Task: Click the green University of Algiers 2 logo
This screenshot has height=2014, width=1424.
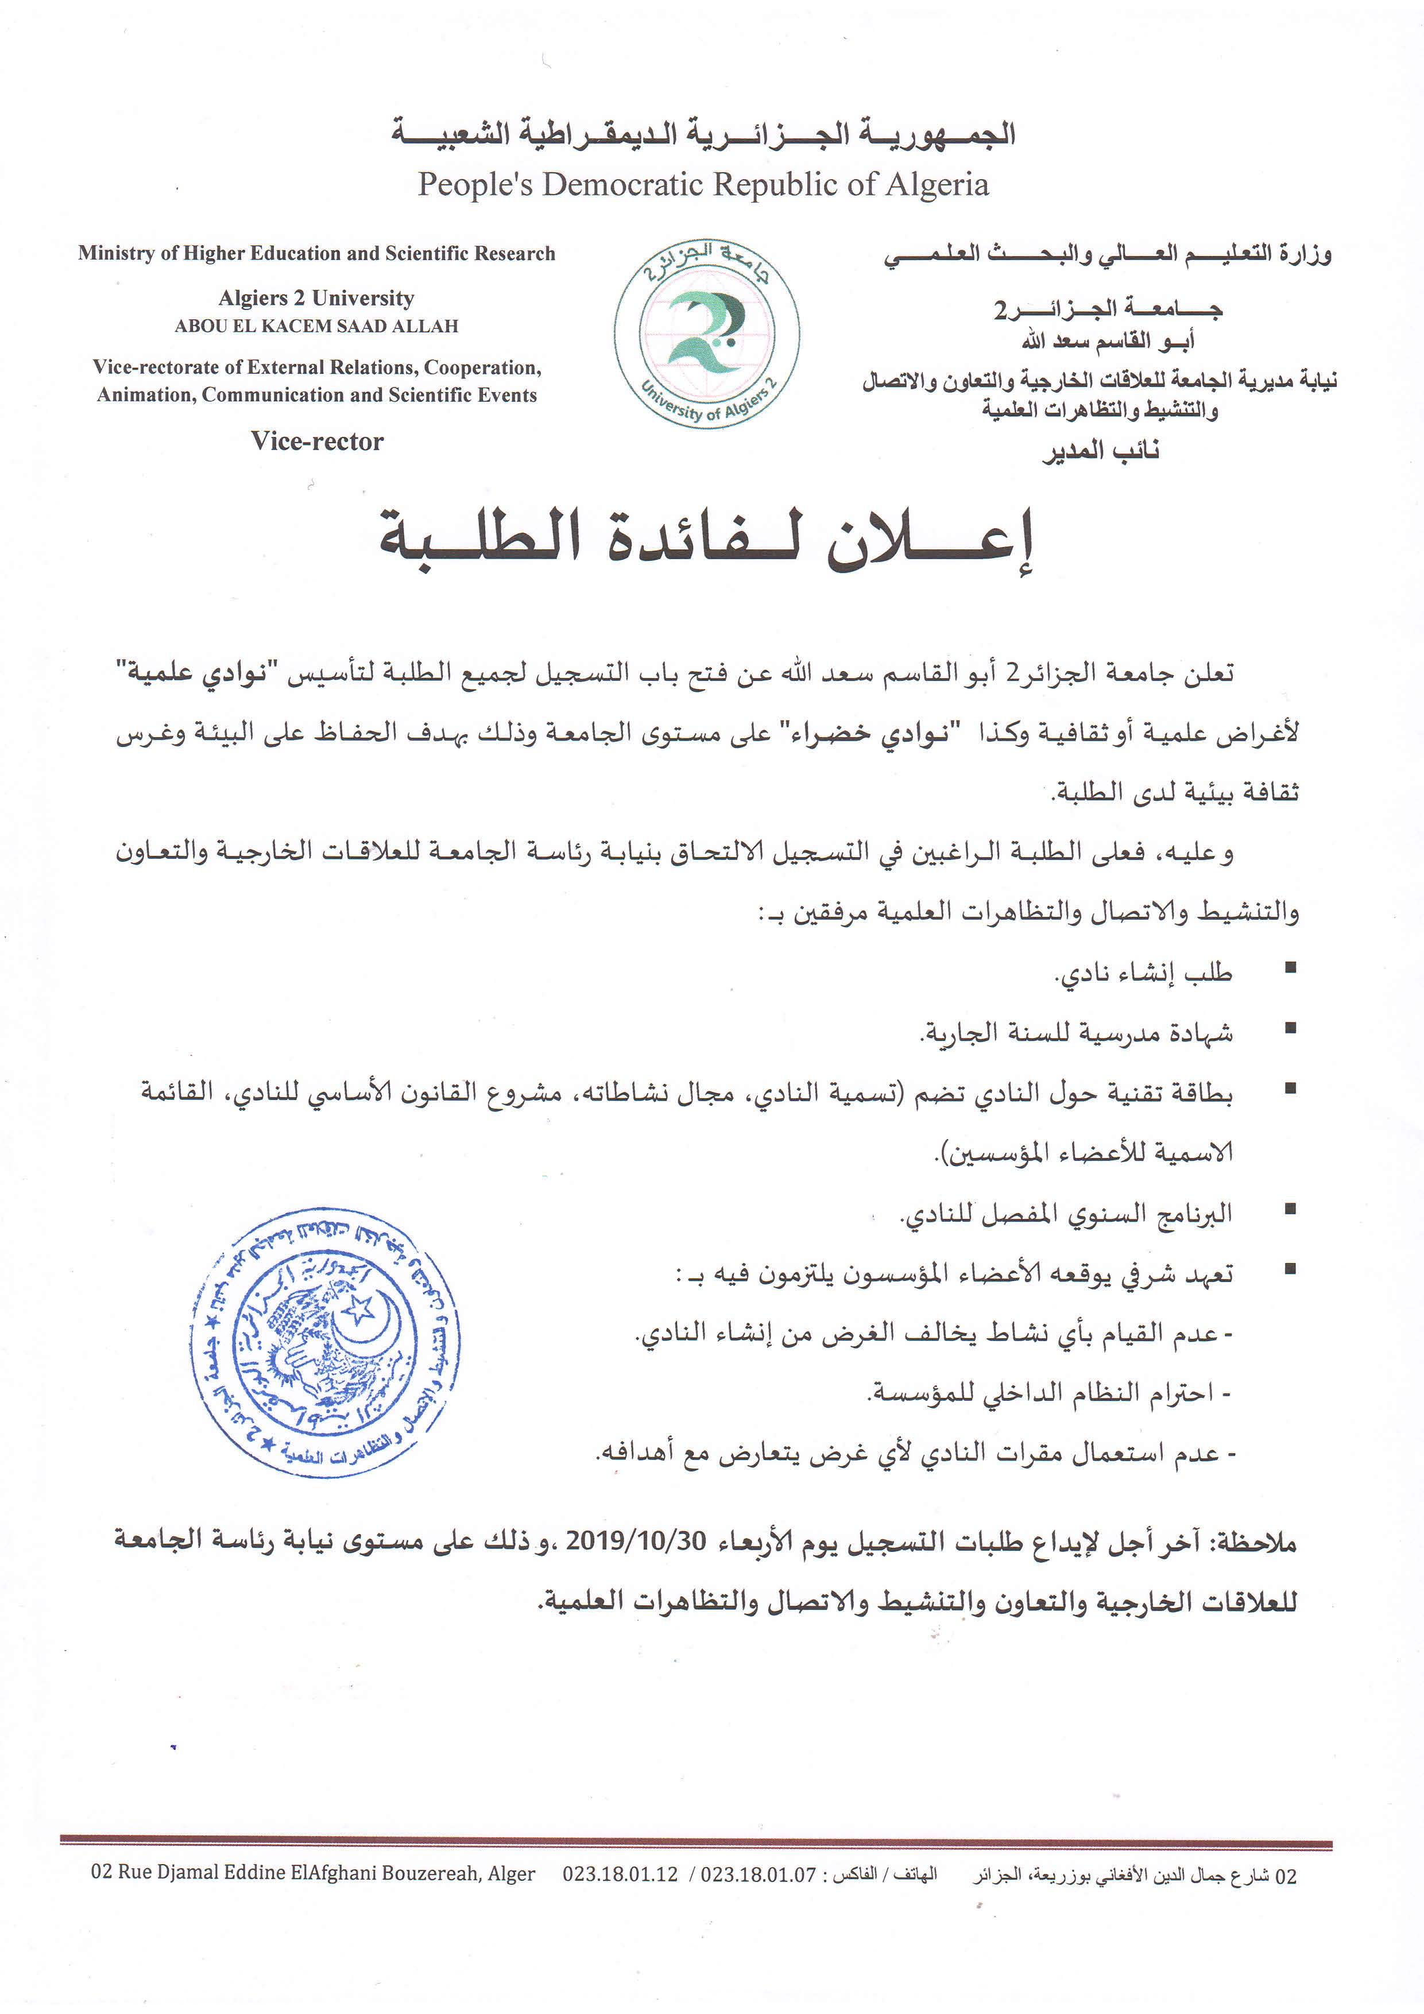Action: (706, 335)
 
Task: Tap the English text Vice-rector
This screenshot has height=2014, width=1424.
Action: (317, 441)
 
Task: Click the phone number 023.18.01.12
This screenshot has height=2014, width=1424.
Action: (620, 1874)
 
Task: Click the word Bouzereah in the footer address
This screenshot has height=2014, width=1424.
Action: (411, 1874)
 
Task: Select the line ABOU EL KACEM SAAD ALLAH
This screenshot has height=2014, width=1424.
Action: (317, 326)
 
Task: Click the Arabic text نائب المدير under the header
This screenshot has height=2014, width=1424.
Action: (1101, 451)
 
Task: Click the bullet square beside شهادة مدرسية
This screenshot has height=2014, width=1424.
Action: (1290, 1028)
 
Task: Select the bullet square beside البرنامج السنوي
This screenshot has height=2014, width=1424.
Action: (1290, 1210)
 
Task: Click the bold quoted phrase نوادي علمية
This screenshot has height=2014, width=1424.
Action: (192, 673)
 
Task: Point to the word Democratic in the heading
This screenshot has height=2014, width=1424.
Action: (625, 185)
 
